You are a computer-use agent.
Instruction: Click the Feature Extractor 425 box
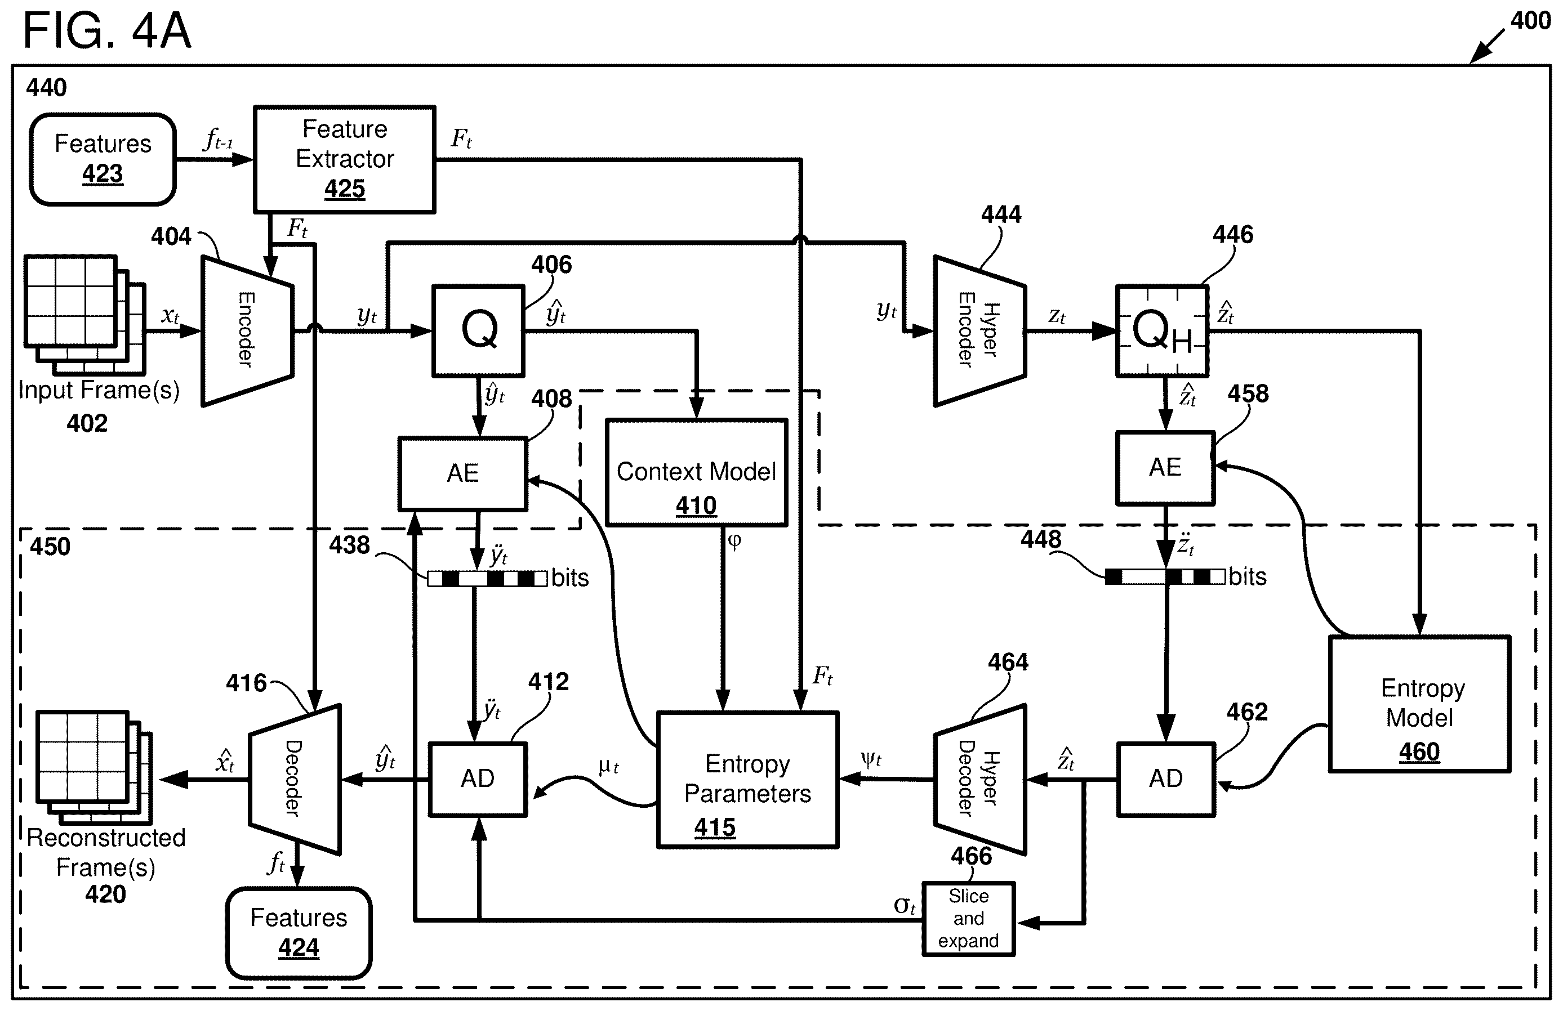tap(345, 159)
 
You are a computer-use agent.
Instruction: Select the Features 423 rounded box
tap(103, 159)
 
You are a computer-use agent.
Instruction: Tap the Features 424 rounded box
tap(299, 933)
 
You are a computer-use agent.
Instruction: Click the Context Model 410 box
tap(696, 473)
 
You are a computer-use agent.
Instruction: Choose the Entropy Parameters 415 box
tap(748, 780)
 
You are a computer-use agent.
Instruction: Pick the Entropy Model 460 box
tap(1420, 704)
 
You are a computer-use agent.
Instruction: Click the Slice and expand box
tap(969, 919)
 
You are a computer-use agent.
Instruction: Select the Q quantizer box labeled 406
tap(478, 331)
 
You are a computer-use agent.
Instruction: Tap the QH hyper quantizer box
tap(1163, 331)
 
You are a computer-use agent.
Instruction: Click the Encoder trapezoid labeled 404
tap(247, 331)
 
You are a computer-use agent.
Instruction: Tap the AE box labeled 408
tap(463, 473)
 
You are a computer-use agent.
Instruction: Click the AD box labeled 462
tap(1166, 779)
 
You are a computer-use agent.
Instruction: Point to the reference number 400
tap(1530, 21)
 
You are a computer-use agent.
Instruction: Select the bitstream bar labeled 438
tap(487, 578)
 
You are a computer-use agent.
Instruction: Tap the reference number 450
tap(50, 546)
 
